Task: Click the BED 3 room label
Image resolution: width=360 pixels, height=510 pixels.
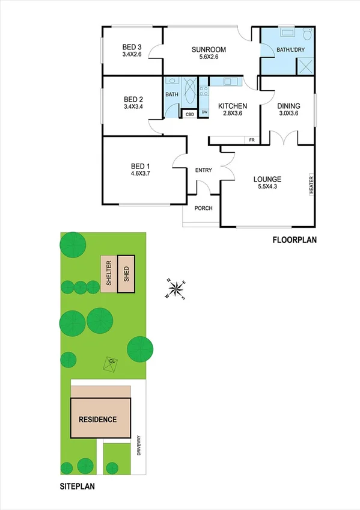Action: (x=132, y=47)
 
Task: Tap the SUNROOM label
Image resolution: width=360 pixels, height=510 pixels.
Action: (x=209, y=49)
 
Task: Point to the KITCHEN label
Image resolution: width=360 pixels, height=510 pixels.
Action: (x=233, y=106)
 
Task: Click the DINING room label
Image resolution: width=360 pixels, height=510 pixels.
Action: (x=288, y=106)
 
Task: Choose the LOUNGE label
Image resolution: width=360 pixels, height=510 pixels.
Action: (x=267, y=179)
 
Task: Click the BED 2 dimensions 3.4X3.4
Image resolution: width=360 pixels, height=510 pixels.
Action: (x=132, y=107)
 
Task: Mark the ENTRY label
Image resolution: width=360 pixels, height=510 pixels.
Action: (x=203, y=170)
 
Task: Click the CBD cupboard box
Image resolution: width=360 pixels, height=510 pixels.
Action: (x=189, y=113)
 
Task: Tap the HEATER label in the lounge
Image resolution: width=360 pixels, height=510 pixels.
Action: (x=311, y=185)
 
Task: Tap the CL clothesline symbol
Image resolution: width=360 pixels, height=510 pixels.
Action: (x=111, y=362)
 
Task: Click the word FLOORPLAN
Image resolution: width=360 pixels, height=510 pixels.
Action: (x=294, y=240)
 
